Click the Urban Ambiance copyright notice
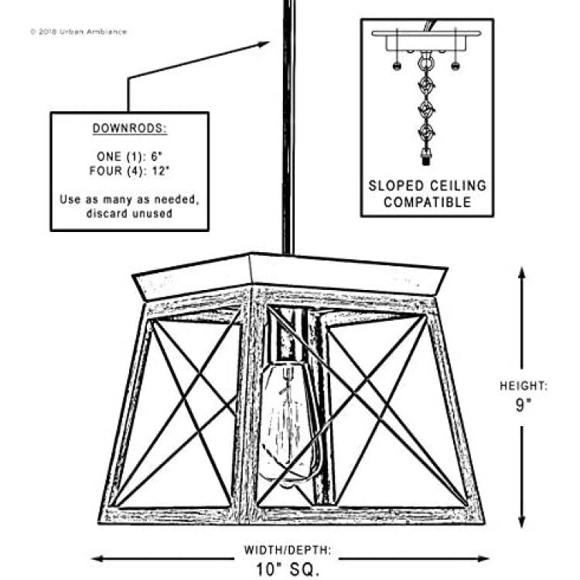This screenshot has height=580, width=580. (78, 32)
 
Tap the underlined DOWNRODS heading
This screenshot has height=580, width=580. (129, 128)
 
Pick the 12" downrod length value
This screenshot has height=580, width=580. (161, 171)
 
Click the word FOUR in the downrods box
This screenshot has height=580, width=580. (105, 171)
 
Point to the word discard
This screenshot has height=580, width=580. (107, 213)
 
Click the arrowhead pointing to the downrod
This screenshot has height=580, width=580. (263, 45)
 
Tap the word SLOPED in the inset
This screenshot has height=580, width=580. (396, 186)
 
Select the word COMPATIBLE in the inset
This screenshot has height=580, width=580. (427, 203)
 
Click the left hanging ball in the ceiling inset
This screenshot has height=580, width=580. (397, 67)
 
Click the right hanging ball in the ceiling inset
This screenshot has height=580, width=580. (455, 67)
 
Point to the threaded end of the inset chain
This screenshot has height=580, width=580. (426, 156)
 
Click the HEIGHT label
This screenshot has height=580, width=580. (523, 386)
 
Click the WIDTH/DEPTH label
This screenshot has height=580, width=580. (288, 550)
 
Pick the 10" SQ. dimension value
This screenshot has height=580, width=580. (288, 569)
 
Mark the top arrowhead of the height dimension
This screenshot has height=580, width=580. (521, 273)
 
